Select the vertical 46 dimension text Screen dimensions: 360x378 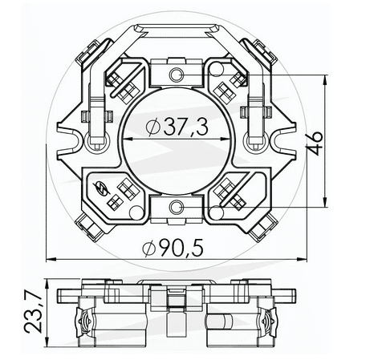pyautogui.click(x=317, y=141)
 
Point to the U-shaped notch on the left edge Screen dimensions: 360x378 pyautogui.click(x=75, y=141)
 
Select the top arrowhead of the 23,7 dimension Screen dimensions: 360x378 pyautogui.click(x=50, y=285)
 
